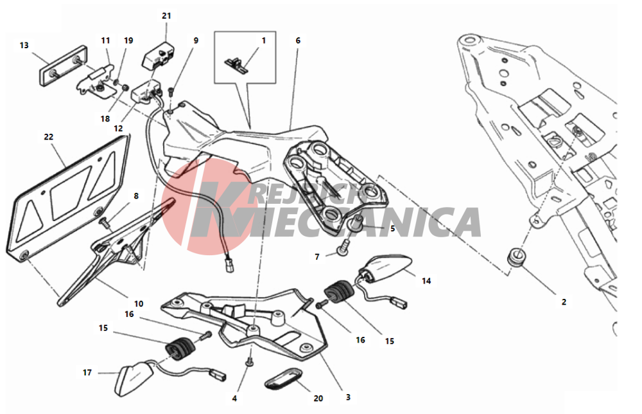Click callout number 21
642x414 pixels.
coord(166,16)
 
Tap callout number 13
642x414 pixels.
coord(24,45)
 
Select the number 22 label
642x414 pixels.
coord(49,137)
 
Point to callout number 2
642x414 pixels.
coord(564,302)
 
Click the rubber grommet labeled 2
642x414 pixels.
coord(516,257)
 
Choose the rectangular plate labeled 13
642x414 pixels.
coord(63,66)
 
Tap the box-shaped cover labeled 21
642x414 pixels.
coord(159,55)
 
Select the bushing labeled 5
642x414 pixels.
coord(355,224)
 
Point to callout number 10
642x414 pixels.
coord(139,303)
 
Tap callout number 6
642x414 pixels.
coord(298,40)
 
